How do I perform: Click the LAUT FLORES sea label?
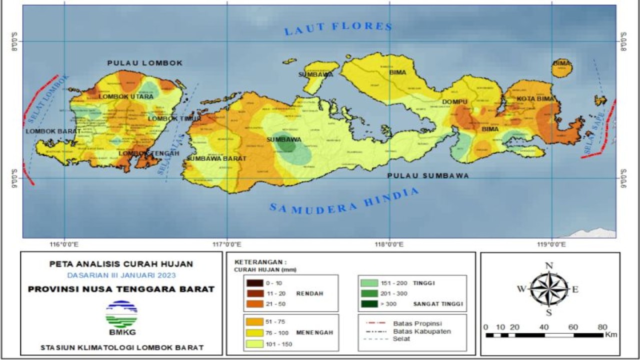click(x=338, y=28)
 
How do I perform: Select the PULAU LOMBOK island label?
click(x=145, y=63)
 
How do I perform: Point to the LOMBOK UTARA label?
click(x=125, y=96)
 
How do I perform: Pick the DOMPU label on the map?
click(x=454, y=102)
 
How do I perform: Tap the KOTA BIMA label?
click(x=535, y=99)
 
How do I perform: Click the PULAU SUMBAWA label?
click(x=428, y=176)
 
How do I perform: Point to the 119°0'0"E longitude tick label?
click(x=551, y=244)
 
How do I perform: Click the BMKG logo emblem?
click(x=121, y=313)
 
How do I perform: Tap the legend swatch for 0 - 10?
click(x=254, y=283)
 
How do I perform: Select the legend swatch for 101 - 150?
click(x=254, y=344)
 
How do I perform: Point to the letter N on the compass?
click(x=548, y=266)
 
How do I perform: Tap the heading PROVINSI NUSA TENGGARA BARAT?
click(x=121, y=289)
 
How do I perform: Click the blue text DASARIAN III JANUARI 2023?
click(x=121, y=275)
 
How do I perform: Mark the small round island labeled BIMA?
click(x=562, y=68)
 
